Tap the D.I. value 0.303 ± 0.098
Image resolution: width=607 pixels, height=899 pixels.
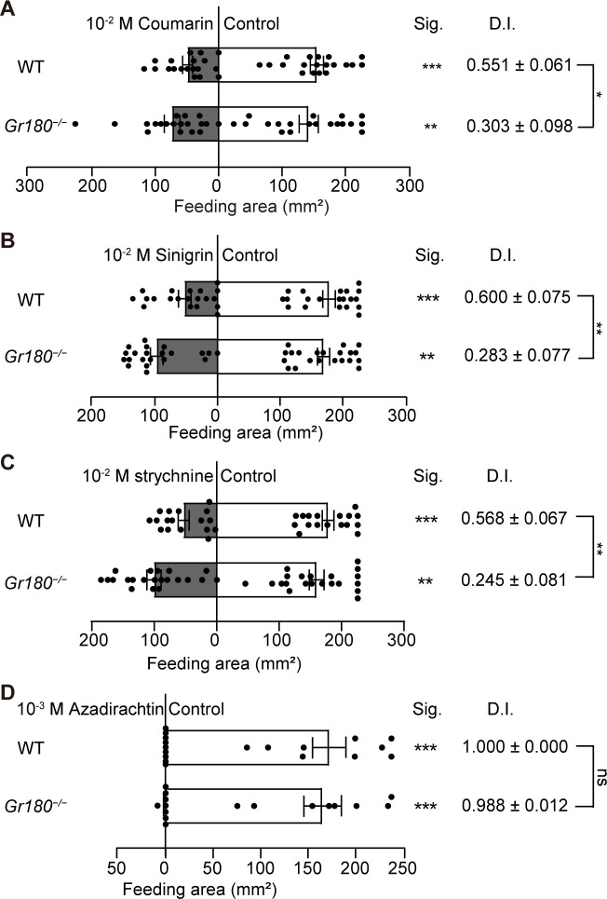click(x=519, y=125)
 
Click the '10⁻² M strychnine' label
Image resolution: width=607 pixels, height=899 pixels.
click(x=149, y=476)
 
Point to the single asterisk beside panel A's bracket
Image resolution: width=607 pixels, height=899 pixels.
click(x=599, y=95)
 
